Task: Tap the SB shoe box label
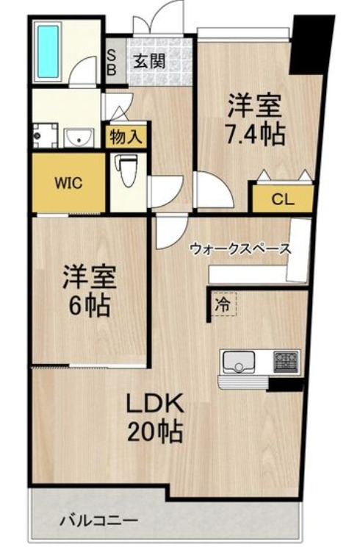pos(112,61)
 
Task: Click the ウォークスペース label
pos(241,249)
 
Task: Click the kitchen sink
pos(240,362)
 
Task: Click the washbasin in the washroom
pos(79,137)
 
